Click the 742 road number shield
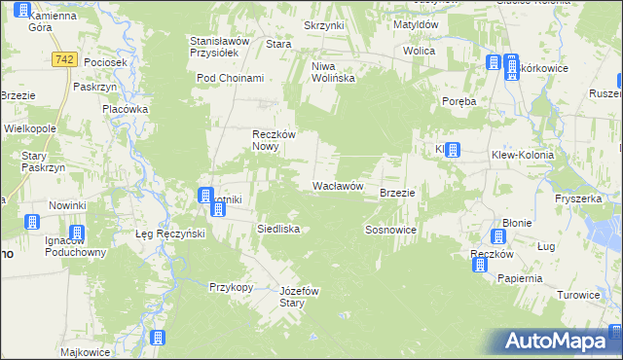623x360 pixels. coord(65,60)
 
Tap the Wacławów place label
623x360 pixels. coord(338,185)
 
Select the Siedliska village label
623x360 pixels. coord(276,229)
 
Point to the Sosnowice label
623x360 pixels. coord(390,230)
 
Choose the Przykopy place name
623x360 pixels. coord(232,287)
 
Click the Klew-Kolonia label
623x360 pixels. coord(522,155)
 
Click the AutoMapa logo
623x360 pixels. coord(558,341)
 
